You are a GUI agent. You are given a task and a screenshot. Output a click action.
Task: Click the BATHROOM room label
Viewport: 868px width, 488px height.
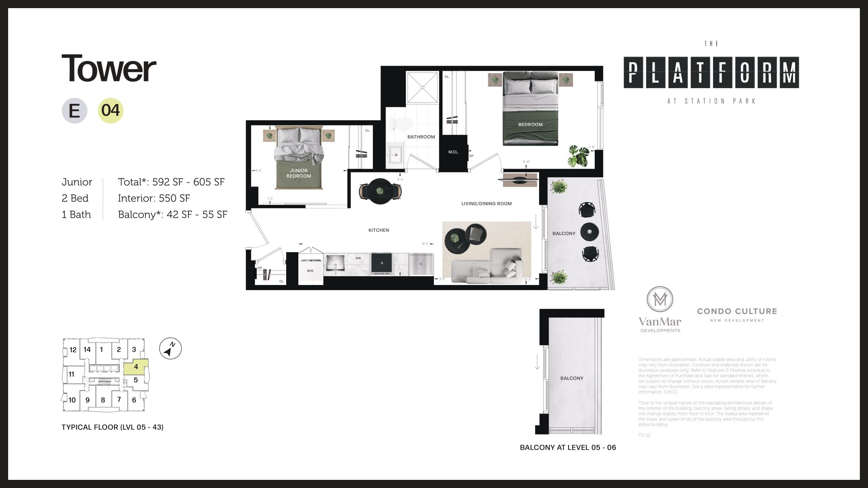pyautogui.click(x=421, y=137)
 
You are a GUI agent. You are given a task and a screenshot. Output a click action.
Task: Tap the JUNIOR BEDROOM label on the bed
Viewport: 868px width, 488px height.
pyautogui.click(x=298, y=173)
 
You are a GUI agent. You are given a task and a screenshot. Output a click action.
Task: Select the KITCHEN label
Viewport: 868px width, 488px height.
pyautogui.click(x=379, y=230)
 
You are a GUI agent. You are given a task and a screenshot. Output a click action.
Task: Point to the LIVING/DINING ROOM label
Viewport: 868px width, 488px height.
pyautogui.click(x=486, y=204)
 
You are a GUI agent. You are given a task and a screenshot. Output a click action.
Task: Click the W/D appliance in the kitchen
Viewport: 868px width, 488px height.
pyautogui.click(x=310, y=271)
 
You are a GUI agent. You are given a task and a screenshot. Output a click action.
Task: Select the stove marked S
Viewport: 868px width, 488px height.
pyautogui.click(x=382, y=263)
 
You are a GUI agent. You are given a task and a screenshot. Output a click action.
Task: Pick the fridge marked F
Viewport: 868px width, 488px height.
pyautogui.click(x=421, y=264)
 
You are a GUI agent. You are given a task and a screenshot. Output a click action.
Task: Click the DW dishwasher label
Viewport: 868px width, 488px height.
pyautogui.click(x=358, y=258)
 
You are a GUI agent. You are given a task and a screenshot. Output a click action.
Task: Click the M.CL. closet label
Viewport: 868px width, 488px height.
pyautogui.click(x=453, y=152)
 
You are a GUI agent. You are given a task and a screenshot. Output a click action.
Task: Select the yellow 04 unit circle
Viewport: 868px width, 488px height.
pyautogui.click(x=111, y=110)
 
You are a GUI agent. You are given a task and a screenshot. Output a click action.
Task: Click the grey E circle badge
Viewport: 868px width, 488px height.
pyautogui.click(x=74, y=110)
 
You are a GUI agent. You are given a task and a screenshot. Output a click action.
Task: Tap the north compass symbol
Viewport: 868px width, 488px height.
pyautogui.click(x=170, y=349)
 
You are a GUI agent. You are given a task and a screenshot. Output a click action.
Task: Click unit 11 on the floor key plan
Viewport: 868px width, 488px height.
pyautogui.click(x=72, y=374)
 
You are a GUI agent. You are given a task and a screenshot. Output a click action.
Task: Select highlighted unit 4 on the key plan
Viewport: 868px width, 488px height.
pyautogui.click(x=136, y=367)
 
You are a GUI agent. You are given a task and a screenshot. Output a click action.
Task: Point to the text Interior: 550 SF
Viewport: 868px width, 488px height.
pyautogui.click(x=154, y=198)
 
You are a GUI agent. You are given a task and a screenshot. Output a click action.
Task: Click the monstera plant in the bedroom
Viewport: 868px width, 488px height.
pyautogui.click(x=578, y=156)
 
